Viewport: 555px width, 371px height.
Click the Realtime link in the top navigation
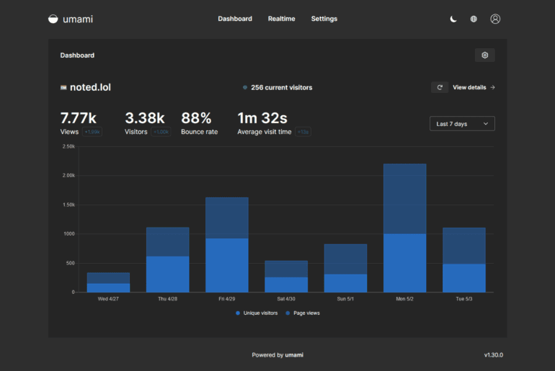[281, 19]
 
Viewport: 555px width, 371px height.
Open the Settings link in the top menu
[324, 19]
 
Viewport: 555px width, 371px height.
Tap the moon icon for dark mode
[453, 19]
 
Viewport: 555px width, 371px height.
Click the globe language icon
[474, 19]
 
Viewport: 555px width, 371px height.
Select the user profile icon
[495, 19]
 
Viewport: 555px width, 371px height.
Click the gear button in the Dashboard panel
[484, 55]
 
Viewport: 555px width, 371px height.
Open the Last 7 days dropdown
[462, 124]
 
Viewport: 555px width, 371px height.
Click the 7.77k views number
[78, 117]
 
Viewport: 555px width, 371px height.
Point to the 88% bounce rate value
[196, 117]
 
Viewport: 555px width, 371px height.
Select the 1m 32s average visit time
[262, 117]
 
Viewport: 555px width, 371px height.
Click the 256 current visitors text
[281, 87]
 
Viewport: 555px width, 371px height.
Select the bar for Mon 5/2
[404, 228]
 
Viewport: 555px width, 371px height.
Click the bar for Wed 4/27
[108, 282]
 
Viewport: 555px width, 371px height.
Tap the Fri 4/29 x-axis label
[227, 299]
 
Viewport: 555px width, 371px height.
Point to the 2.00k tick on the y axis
[68, 175]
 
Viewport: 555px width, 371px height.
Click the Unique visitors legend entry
[257, 313]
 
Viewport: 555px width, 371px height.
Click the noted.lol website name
[90, 87]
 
